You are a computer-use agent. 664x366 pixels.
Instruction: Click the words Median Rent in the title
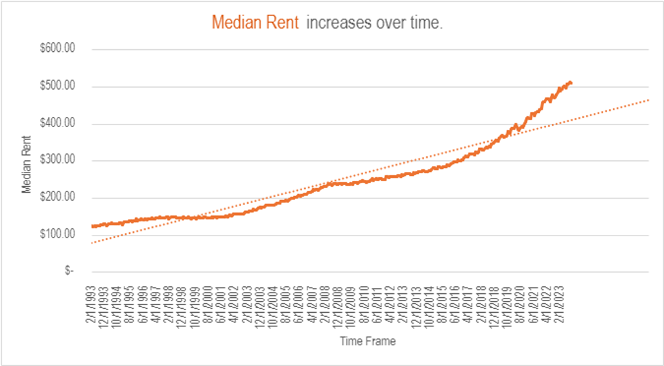255,23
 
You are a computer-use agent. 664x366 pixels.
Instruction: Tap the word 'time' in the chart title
422,23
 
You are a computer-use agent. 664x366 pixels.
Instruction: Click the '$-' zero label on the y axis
69,271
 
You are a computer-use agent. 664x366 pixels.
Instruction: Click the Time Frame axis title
368,341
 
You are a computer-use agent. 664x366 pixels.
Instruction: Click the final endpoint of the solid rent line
571,82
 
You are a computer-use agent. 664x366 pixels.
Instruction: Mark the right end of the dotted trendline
648,100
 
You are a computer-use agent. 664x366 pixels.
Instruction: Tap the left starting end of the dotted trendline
93,243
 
